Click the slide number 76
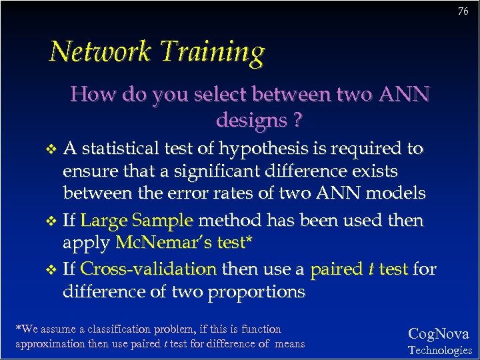tap(463, 11)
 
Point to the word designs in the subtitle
tap(249, 121)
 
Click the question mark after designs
tap(297, 121)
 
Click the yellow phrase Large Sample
tap(137, 220)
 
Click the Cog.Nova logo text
tap(438, 334)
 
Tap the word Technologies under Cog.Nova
tap(439, 350)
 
